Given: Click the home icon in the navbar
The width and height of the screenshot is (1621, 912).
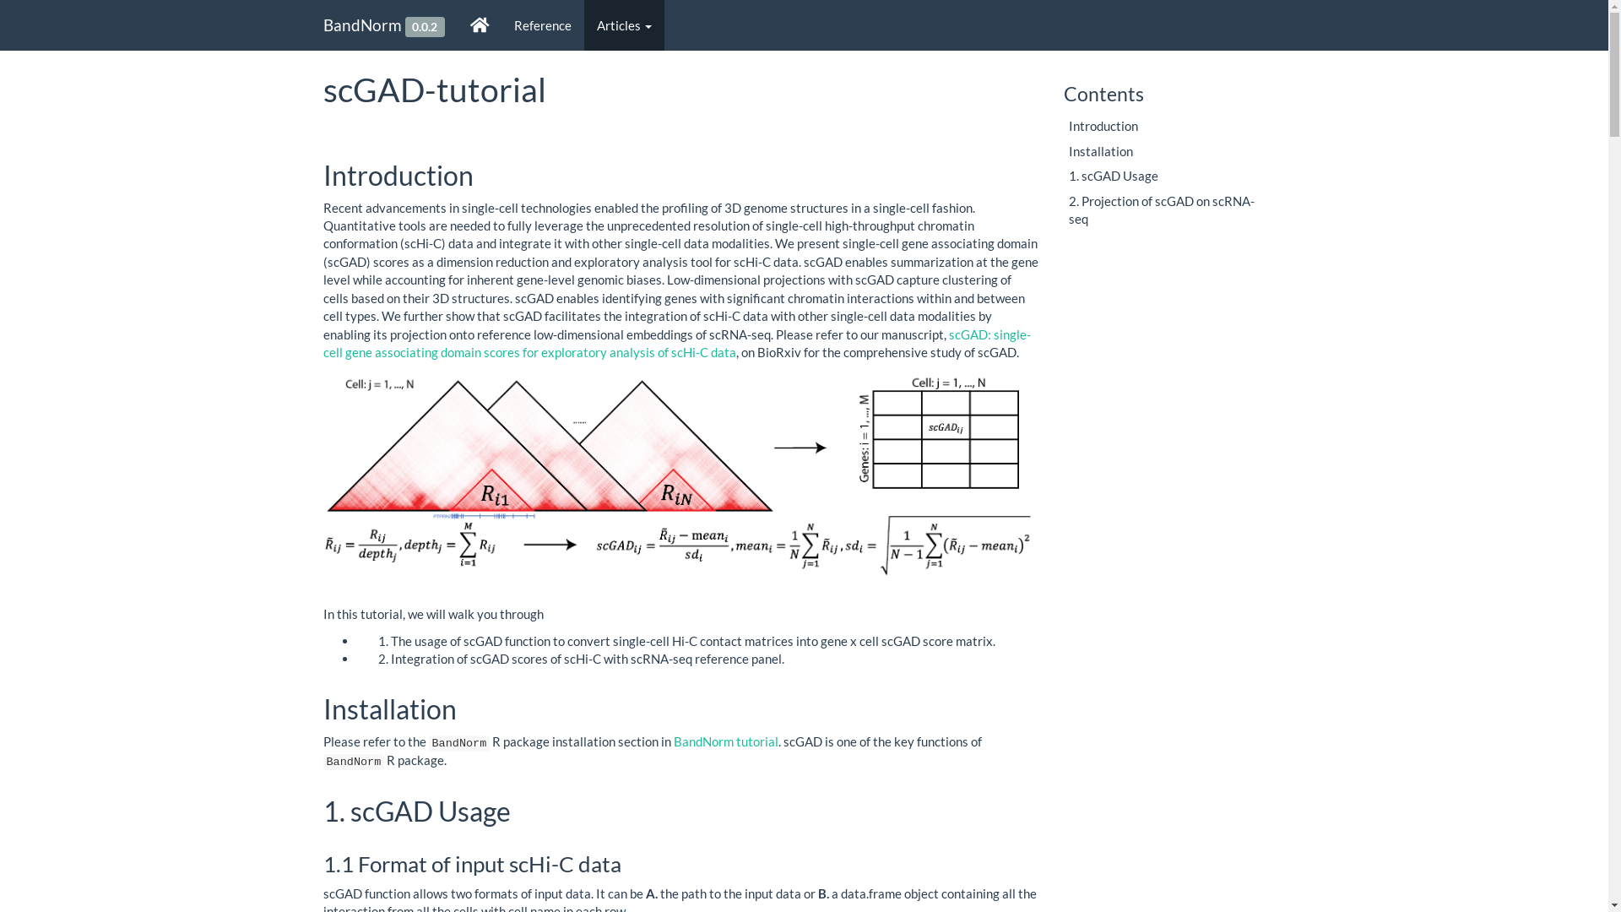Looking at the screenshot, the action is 480,25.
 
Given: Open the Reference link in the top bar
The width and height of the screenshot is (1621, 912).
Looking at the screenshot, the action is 542,25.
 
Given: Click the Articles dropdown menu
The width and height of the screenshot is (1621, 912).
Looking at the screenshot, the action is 624,25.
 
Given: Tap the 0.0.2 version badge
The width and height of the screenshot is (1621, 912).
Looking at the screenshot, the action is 425,27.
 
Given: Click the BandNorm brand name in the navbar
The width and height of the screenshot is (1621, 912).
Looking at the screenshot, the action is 362,25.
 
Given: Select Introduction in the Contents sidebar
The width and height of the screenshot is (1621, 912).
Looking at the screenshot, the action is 1103,126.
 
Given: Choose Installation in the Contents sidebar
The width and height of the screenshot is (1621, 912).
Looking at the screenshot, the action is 1101,151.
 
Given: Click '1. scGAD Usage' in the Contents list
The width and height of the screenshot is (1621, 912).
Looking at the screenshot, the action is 1114,176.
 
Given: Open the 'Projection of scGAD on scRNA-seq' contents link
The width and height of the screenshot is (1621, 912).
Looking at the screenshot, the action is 1162,209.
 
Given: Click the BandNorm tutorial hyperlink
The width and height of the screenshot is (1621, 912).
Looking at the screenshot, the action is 726,741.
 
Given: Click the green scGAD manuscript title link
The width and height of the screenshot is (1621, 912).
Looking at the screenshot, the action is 677,344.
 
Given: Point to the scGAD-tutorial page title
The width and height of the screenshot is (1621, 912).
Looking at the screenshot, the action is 435,90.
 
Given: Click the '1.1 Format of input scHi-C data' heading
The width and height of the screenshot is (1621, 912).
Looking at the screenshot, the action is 472,864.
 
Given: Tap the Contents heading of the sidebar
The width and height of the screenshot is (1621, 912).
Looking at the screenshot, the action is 1103,94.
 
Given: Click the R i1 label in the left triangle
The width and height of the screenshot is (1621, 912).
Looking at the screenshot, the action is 495,495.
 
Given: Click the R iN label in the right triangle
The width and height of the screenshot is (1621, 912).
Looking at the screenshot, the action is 676,494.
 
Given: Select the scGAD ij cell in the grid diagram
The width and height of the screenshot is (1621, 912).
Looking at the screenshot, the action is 946,427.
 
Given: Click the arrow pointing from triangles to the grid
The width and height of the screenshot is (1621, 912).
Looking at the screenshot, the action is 800,448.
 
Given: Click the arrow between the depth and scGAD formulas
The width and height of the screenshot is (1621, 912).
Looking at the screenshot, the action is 550,545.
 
